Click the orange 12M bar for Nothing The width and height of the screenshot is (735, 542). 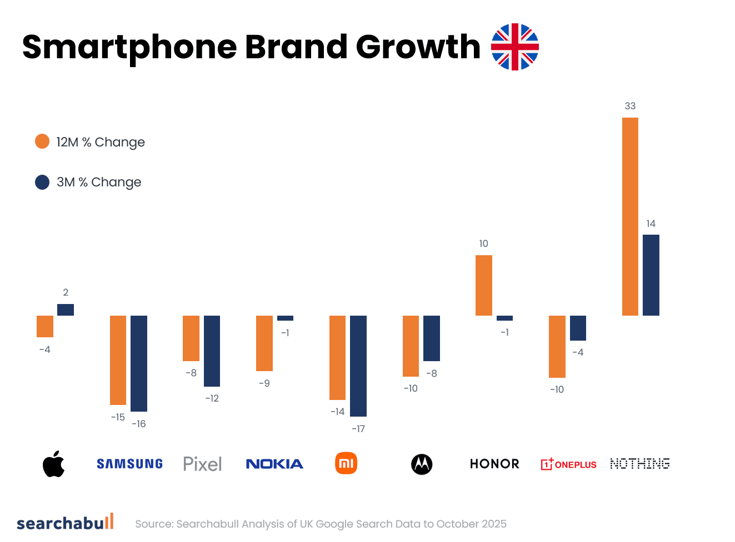coord(630,216)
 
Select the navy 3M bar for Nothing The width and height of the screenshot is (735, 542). coord(651,275)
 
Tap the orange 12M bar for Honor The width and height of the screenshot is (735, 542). coord(483,285)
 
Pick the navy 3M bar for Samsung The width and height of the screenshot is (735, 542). coord(139,363)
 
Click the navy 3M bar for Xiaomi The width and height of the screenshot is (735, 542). coord(358,366)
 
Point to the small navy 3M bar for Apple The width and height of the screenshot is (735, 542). coord(66,310)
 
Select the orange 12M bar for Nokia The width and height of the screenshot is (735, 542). coord(264,343)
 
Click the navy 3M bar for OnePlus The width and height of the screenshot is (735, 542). coord(578,328)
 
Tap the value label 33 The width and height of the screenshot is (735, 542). coord(630,106)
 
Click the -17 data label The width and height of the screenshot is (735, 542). coord(358,429)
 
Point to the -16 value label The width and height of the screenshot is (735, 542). coord(139,424)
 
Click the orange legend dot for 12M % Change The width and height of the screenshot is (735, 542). coord(42,141)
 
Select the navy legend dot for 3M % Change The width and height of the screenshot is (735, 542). coord(42,182)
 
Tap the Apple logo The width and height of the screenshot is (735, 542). coord(54,464)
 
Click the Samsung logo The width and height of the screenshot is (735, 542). coord(129,464)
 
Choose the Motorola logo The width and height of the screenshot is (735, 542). coord(422,464)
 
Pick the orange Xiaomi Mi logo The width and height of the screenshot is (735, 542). coord(346,463)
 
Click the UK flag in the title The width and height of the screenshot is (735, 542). coord(515,47)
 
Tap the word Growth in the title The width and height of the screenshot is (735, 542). coord(418,47)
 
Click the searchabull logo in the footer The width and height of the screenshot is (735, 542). coord(65,523)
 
